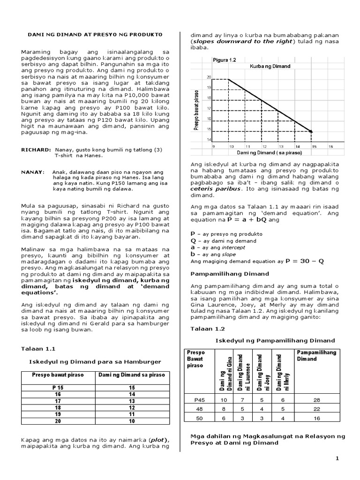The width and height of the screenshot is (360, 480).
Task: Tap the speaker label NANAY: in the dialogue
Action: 32,172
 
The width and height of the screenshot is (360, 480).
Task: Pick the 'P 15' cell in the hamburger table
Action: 57,388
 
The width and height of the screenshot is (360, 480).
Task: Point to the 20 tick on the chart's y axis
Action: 209,77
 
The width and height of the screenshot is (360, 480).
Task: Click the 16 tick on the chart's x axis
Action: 330,146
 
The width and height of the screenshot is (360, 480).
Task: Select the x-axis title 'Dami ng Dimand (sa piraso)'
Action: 270,153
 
